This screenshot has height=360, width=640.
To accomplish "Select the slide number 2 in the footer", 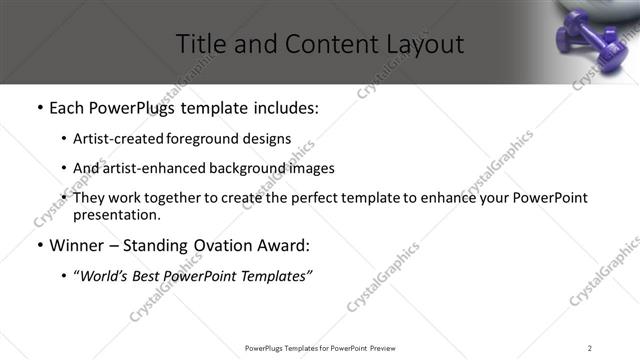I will (x=590, y=347).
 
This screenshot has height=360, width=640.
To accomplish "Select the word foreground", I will (x=205, y=139).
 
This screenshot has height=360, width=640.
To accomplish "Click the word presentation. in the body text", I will (x=116, y=215).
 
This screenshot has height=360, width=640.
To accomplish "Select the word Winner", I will (x=77, y=245).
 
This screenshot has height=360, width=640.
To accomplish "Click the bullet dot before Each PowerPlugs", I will (x=38, y=108).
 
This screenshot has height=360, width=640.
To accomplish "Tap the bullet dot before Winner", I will (x=38, y=245).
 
